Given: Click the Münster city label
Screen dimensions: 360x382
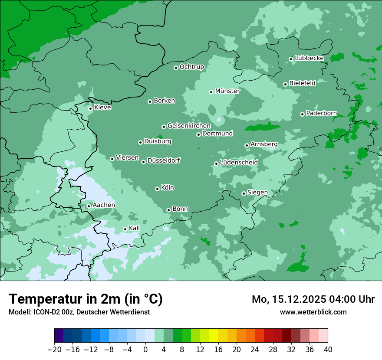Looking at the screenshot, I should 227,91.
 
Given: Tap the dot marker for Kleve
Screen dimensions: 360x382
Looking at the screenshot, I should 90,108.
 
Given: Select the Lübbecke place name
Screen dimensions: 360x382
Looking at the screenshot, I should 309,58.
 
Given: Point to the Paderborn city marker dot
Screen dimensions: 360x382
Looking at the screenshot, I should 302,114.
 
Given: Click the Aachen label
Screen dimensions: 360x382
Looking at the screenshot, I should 104,205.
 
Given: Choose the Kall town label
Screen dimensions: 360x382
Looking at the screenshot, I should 134,228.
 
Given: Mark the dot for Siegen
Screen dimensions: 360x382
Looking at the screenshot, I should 244,193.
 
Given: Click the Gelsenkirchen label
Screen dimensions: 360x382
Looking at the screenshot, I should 189,126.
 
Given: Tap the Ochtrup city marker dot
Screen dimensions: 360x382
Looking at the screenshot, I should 176,68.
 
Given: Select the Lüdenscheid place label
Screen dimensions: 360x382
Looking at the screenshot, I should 239,163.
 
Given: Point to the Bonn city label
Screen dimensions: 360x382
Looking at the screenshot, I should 180,209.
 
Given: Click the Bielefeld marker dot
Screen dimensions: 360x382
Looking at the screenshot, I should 285,84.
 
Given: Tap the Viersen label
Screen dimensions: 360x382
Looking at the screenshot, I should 127,158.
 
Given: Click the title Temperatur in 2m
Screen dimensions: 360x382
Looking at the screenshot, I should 86,299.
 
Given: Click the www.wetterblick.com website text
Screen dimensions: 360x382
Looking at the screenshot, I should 313,312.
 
